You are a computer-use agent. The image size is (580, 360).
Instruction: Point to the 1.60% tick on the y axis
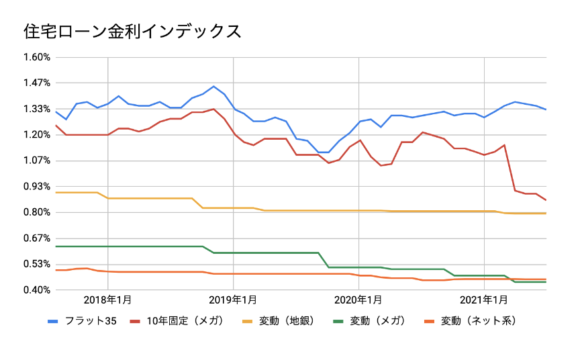click(x=37, y=57)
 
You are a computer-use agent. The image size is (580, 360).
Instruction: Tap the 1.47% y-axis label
click(x=37, y=83)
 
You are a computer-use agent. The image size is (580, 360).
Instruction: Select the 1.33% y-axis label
click(x=37, y=109)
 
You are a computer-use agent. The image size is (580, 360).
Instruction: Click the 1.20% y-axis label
click(x=37, y=134)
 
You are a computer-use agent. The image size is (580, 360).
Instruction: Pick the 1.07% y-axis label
click(x=37, y=161)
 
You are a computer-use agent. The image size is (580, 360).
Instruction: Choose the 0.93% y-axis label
click(x=37, y=186)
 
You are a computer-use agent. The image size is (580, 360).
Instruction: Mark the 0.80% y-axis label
click(x=37, y=212)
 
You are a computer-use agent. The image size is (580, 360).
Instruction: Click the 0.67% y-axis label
click(x=37, y=238)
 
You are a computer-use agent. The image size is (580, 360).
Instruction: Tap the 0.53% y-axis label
click(x=37, y=264)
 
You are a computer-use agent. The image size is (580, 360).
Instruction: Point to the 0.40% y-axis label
click(x=37, y=289)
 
